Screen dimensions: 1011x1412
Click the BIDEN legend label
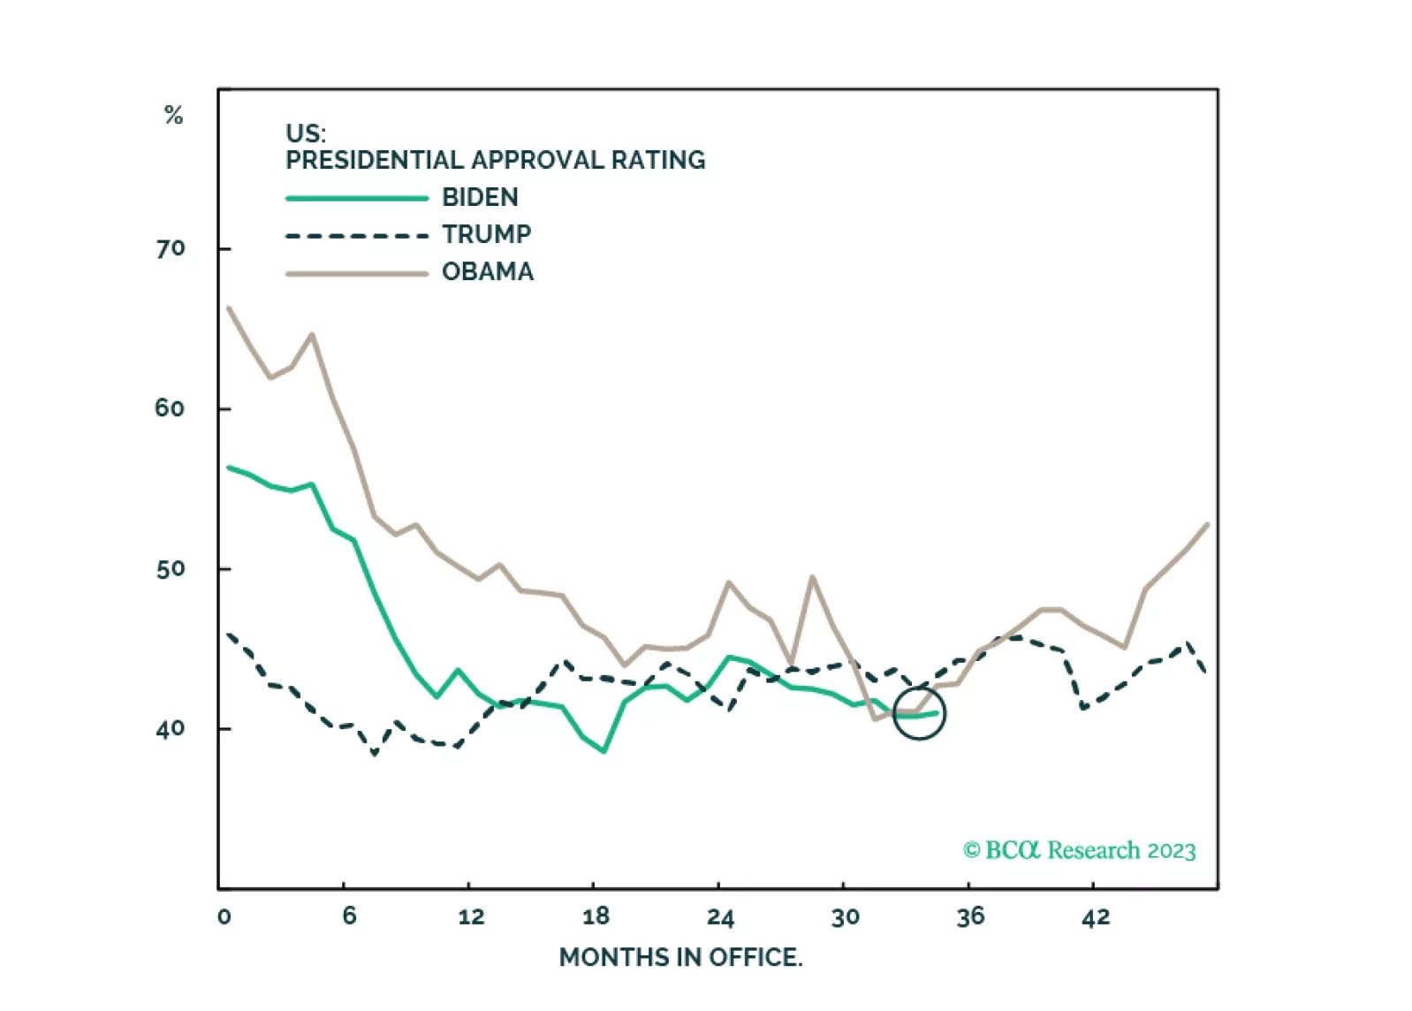pos(480,197)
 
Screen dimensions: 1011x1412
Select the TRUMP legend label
pos(486,234)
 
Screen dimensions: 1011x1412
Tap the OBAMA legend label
pos(488,271)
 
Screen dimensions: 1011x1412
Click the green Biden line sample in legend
pos(357,198)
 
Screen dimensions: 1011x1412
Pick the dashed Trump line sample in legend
pos(357,236)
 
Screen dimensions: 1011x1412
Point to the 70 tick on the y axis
pos(171,248)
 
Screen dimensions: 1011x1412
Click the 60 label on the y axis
pos(170,408)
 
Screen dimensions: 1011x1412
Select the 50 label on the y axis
pos(170,569)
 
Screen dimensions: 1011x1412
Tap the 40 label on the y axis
pos(170,729)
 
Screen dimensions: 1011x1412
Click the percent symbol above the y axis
pos(173,115)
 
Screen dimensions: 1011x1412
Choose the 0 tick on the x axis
pos(224,916)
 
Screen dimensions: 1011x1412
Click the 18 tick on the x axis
pos(596,916)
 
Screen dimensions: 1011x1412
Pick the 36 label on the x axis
pos(970,916)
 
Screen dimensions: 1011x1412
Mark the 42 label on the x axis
pos(1096,916)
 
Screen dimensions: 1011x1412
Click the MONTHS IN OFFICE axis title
pos(680,957)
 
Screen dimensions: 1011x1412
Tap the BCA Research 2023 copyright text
pos(1079,850)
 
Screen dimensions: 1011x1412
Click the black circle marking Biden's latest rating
pos(919,713)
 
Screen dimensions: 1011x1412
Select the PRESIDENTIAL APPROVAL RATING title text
pos(495,160)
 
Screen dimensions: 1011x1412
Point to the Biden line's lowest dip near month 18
pos(604,751)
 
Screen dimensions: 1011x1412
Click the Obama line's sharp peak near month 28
pos(812,577)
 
